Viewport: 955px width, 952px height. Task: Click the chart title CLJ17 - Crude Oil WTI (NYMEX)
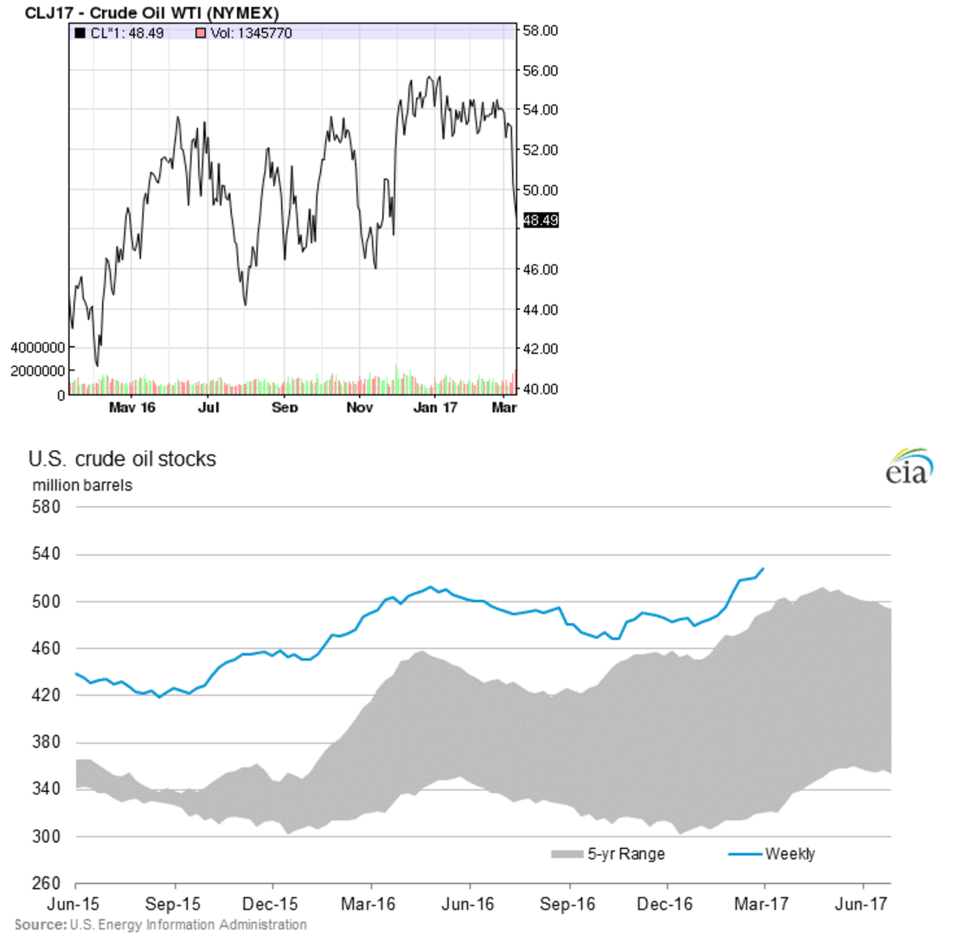coord(151,13)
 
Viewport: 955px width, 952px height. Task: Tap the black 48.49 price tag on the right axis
coord(541,221)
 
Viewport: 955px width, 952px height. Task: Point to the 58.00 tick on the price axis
coord(541,30)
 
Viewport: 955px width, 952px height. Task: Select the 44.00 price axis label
coord(541,309)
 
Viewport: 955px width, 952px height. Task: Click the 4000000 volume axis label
coord(37,348)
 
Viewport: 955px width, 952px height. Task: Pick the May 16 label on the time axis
coord(132,407)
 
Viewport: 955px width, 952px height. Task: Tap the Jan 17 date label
coord(435,407)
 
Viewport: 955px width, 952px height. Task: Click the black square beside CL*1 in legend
coord(80,33)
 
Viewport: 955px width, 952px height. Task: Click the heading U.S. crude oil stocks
coord(122,459)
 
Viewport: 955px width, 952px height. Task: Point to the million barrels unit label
coord(82,485)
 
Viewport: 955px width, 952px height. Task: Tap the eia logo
coord(909,467)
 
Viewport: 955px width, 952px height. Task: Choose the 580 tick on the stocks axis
coord(47,507)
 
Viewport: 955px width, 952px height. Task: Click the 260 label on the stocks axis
coord(47,884)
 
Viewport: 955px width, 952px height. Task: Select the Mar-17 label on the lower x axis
coord(762,904)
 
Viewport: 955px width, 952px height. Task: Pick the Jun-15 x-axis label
coord(74,904)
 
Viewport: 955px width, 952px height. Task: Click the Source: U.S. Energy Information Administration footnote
coord(161,924)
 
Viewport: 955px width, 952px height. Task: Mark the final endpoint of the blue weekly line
coord(763,569)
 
